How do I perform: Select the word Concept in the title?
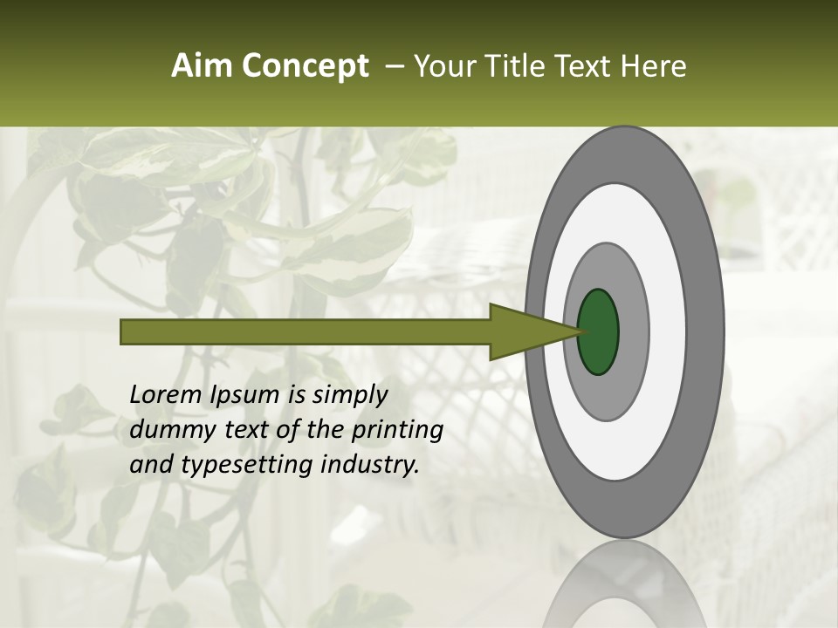[x=305, y=66]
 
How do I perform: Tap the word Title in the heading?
[x=520, y=66]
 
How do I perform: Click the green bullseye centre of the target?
[x=598, y=331]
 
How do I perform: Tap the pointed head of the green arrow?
[x=559, y=331]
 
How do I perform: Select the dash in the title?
[x=394, y=66]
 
